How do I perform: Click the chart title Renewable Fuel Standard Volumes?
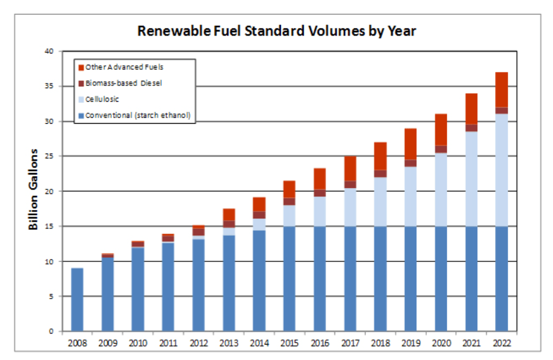coord(276,31)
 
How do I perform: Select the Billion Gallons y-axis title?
coord(33,189)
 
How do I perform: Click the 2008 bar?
coord(77,299)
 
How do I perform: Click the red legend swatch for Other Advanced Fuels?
coord(81,67)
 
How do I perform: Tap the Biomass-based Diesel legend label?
coord(124,83)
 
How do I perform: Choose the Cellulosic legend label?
coord(102,99)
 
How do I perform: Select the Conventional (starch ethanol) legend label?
coord(138,116)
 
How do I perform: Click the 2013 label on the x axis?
coord(229,344)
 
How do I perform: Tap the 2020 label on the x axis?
coord(441,344)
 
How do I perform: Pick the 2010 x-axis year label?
coord(138,344)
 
